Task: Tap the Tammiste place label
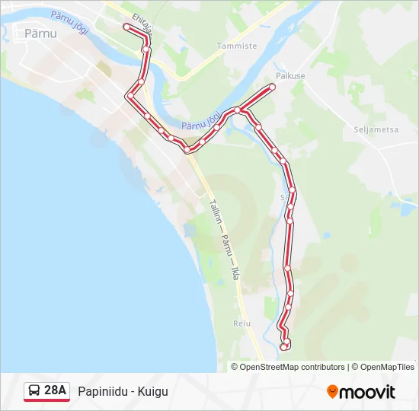(237, 46)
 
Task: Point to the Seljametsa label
(376, 129)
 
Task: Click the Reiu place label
(241, 323)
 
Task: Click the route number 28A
(56, 391)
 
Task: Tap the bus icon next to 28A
(34, 391)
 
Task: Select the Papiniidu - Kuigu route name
(123, 391)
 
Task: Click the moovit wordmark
(368, 392)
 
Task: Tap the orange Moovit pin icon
(333, 391)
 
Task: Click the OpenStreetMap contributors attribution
(293, 367)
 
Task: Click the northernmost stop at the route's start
(127, 27)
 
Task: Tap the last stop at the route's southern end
(283, 346)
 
